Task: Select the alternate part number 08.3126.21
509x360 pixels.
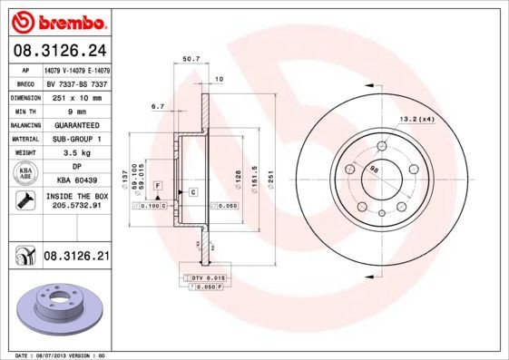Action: [76, 258]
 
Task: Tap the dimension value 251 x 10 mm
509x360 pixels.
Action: [77, 96]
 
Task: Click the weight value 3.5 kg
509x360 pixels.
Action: [77, 154]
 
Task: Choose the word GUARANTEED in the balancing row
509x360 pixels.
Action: [77, 125]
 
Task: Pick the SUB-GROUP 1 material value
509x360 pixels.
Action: [77, 140]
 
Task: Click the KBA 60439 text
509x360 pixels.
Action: [77, 180]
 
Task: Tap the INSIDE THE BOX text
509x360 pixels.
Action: [77, 196]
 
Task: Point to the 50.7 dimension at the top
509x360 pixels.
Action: [191, 59]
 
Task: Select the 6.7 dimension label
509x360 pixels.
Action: [157, 107]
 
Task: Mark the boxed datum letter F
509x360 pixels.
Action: [157, 185]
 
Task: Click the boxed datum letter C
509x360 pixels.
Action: [193, 192]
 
